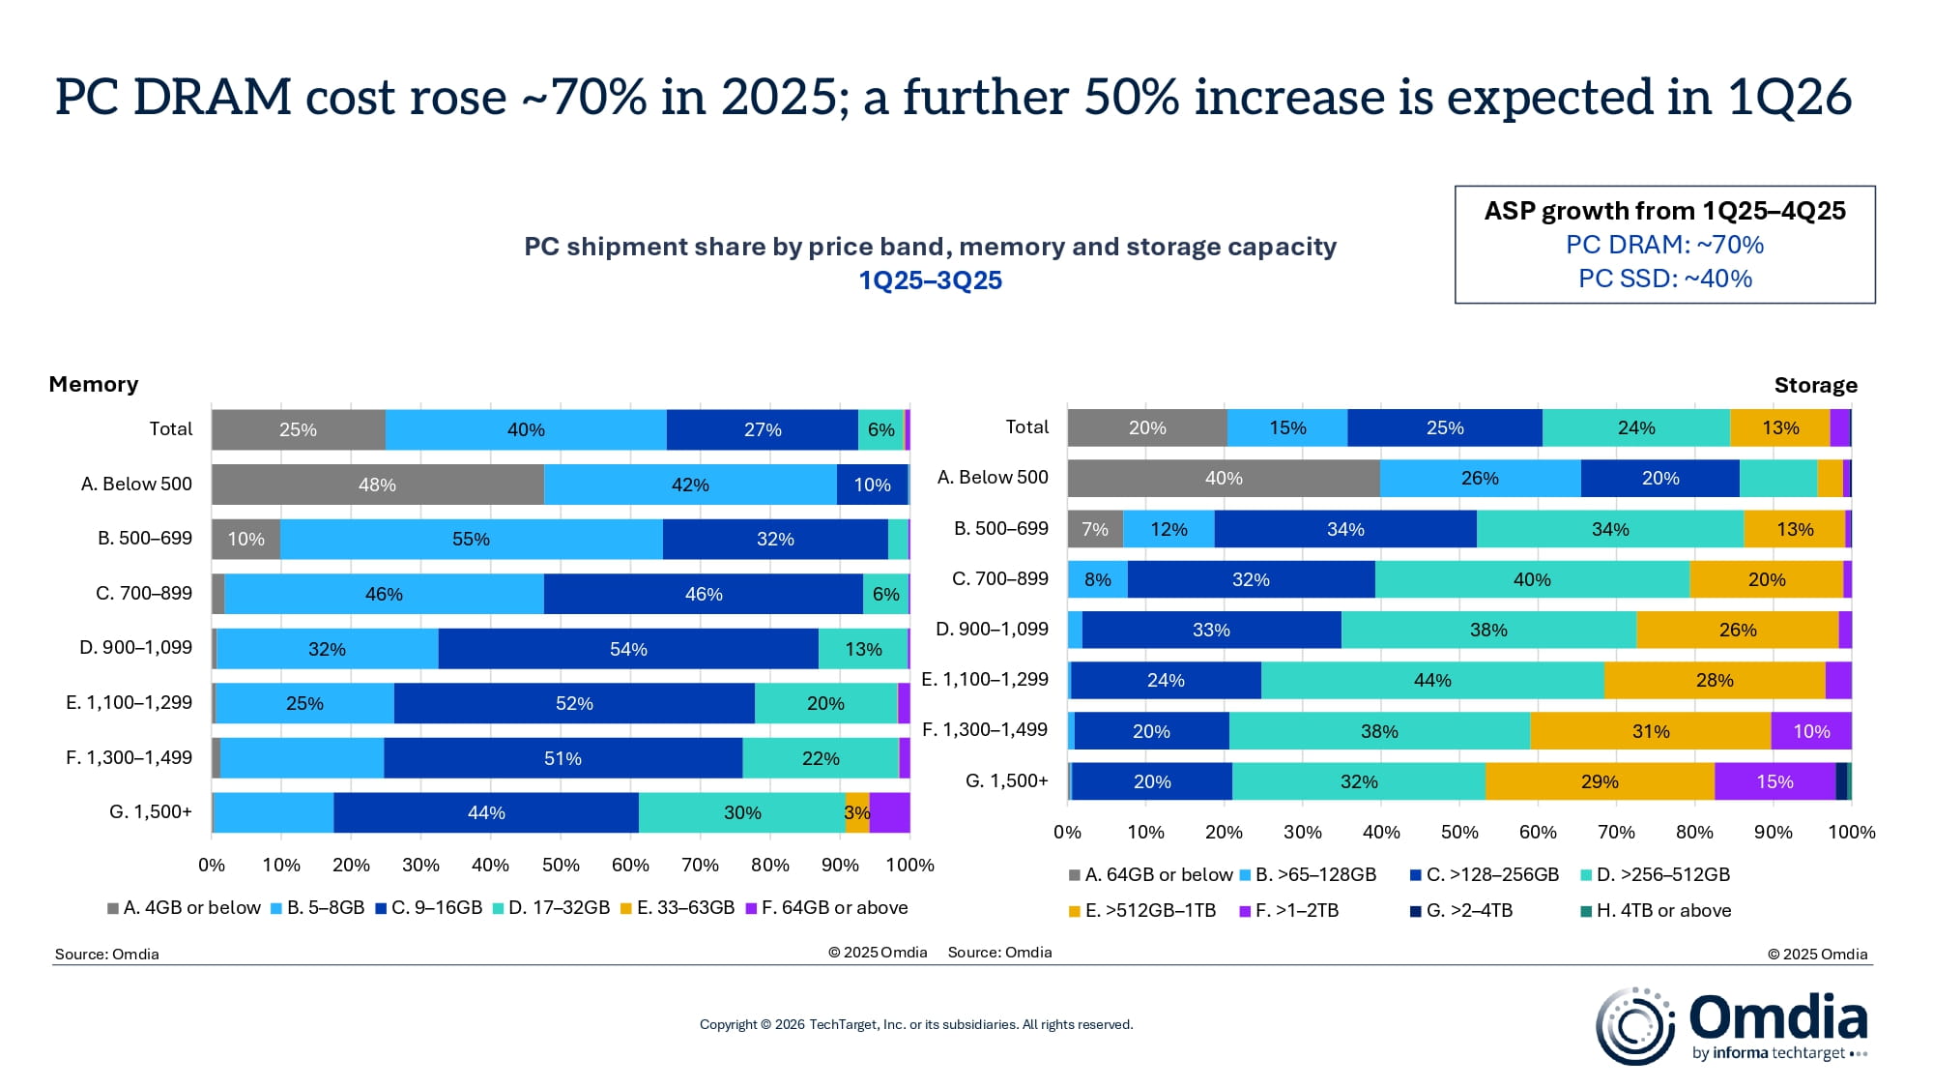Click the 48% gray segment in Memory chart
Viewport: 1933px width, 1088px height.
pos(377,485)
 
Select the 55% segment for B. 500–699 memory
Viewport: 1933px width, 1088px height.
pos(471,539)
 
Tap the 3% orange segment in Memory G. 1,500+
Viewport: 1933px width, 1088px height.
pos(856,812)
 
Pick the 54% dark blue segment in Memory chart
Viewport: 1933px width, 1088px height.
pos(628,649)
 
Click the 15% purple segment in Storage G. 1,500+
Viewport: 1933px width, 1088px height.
pos(1774,781)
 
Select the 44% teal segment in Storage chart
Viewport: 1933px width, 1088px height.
pos(1432,680)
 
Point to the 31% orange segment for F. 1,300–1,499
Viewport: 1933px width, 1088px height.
pos(1651,731)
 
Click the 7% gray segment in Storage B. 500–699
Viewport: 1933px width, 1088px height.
pos(1095,529)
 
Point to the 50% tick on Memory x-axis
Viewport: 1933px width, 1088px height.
pos(561,865)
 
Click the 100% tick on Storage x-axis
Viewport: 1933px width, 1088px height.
pos(1851,832)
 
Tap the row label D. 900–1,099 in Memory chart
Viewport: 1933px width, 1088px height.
pos(135,647)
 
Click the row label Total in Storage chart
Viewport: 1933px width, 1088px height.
pos(1026,426)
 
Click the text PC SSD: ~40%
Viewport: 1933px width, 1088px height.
pos(1664,279)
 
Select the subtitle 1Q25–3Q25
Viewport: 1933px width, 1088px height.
pos(930,280)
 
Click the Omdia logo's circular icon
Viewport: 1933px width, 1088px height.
pos(1634,1026)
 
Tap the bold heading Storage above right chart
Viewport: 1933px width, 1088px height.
pos(1815,385)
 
